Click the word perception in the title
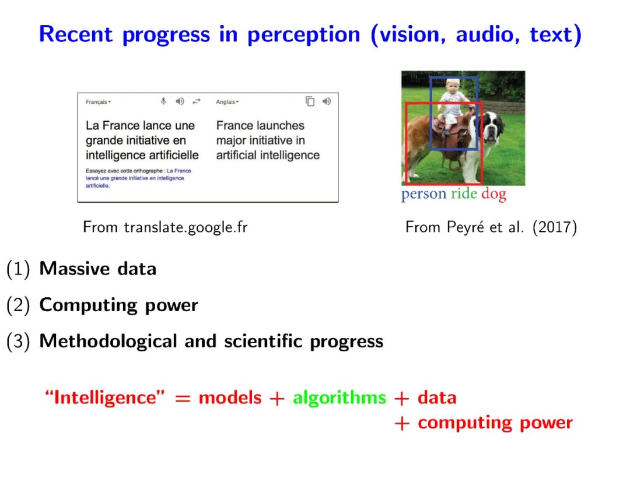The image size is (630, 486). coord(303,35)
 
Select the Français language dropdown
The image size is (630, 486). coord(98,102)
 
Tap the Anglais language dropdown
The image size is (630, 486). coord(228,102)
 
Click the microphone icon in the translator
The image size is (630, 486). coord(163,101)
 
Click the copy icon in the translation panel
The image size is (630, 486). coord(310,101)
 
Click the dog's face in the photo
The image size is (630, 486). coord(492,128)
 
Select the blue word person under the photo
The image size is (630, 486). coord(423,194)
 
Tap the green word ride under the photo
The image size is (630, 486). coord(464,193)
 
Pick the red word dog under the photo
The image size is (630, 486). coord(494,194)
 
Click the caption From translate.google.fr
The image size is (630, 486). coord(165,227)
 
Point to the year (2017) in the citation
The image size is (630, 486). coord(555,227)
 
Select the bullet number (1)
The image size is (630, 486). coord(18,269)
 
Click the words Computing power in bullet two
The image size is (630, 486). coord(118,305)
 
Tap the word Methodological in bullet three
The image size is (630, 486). coord(108,341)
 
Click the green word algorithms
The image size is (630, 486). coord(339,398)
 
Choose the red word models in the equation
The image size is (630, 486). coord(230,397)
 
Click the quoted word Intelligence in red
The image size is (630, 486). coord(105,397)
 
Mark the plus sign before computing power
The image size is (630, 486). coord(402,424)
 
